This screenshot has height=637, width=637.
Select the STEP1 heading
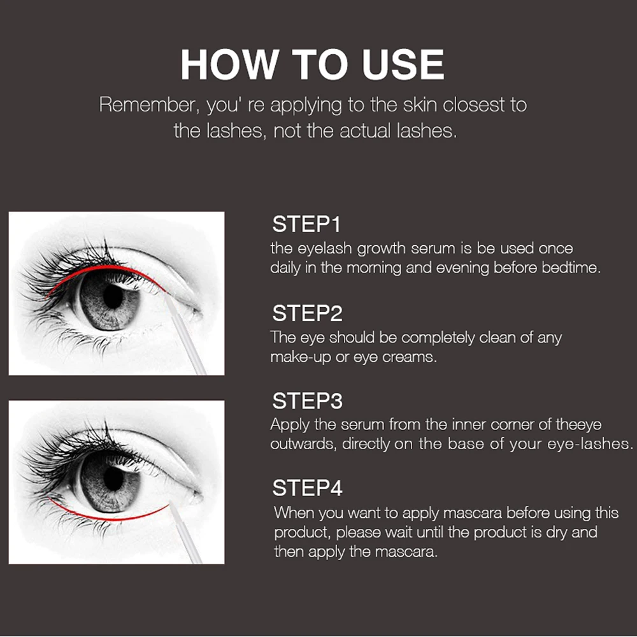point(306,224)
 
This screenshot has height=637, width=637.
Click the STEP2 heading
point(308,313)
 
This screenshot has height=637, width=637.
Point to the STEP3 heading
point(308,401)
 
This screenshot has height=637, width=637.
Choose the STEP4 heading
point(308,488)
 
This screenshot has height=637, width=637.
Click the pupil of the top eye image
point(113,297)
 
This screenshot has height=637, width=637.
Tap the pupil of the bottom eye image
point(113,478)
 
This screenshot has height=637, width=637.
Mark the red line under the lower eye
point(106,519)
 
